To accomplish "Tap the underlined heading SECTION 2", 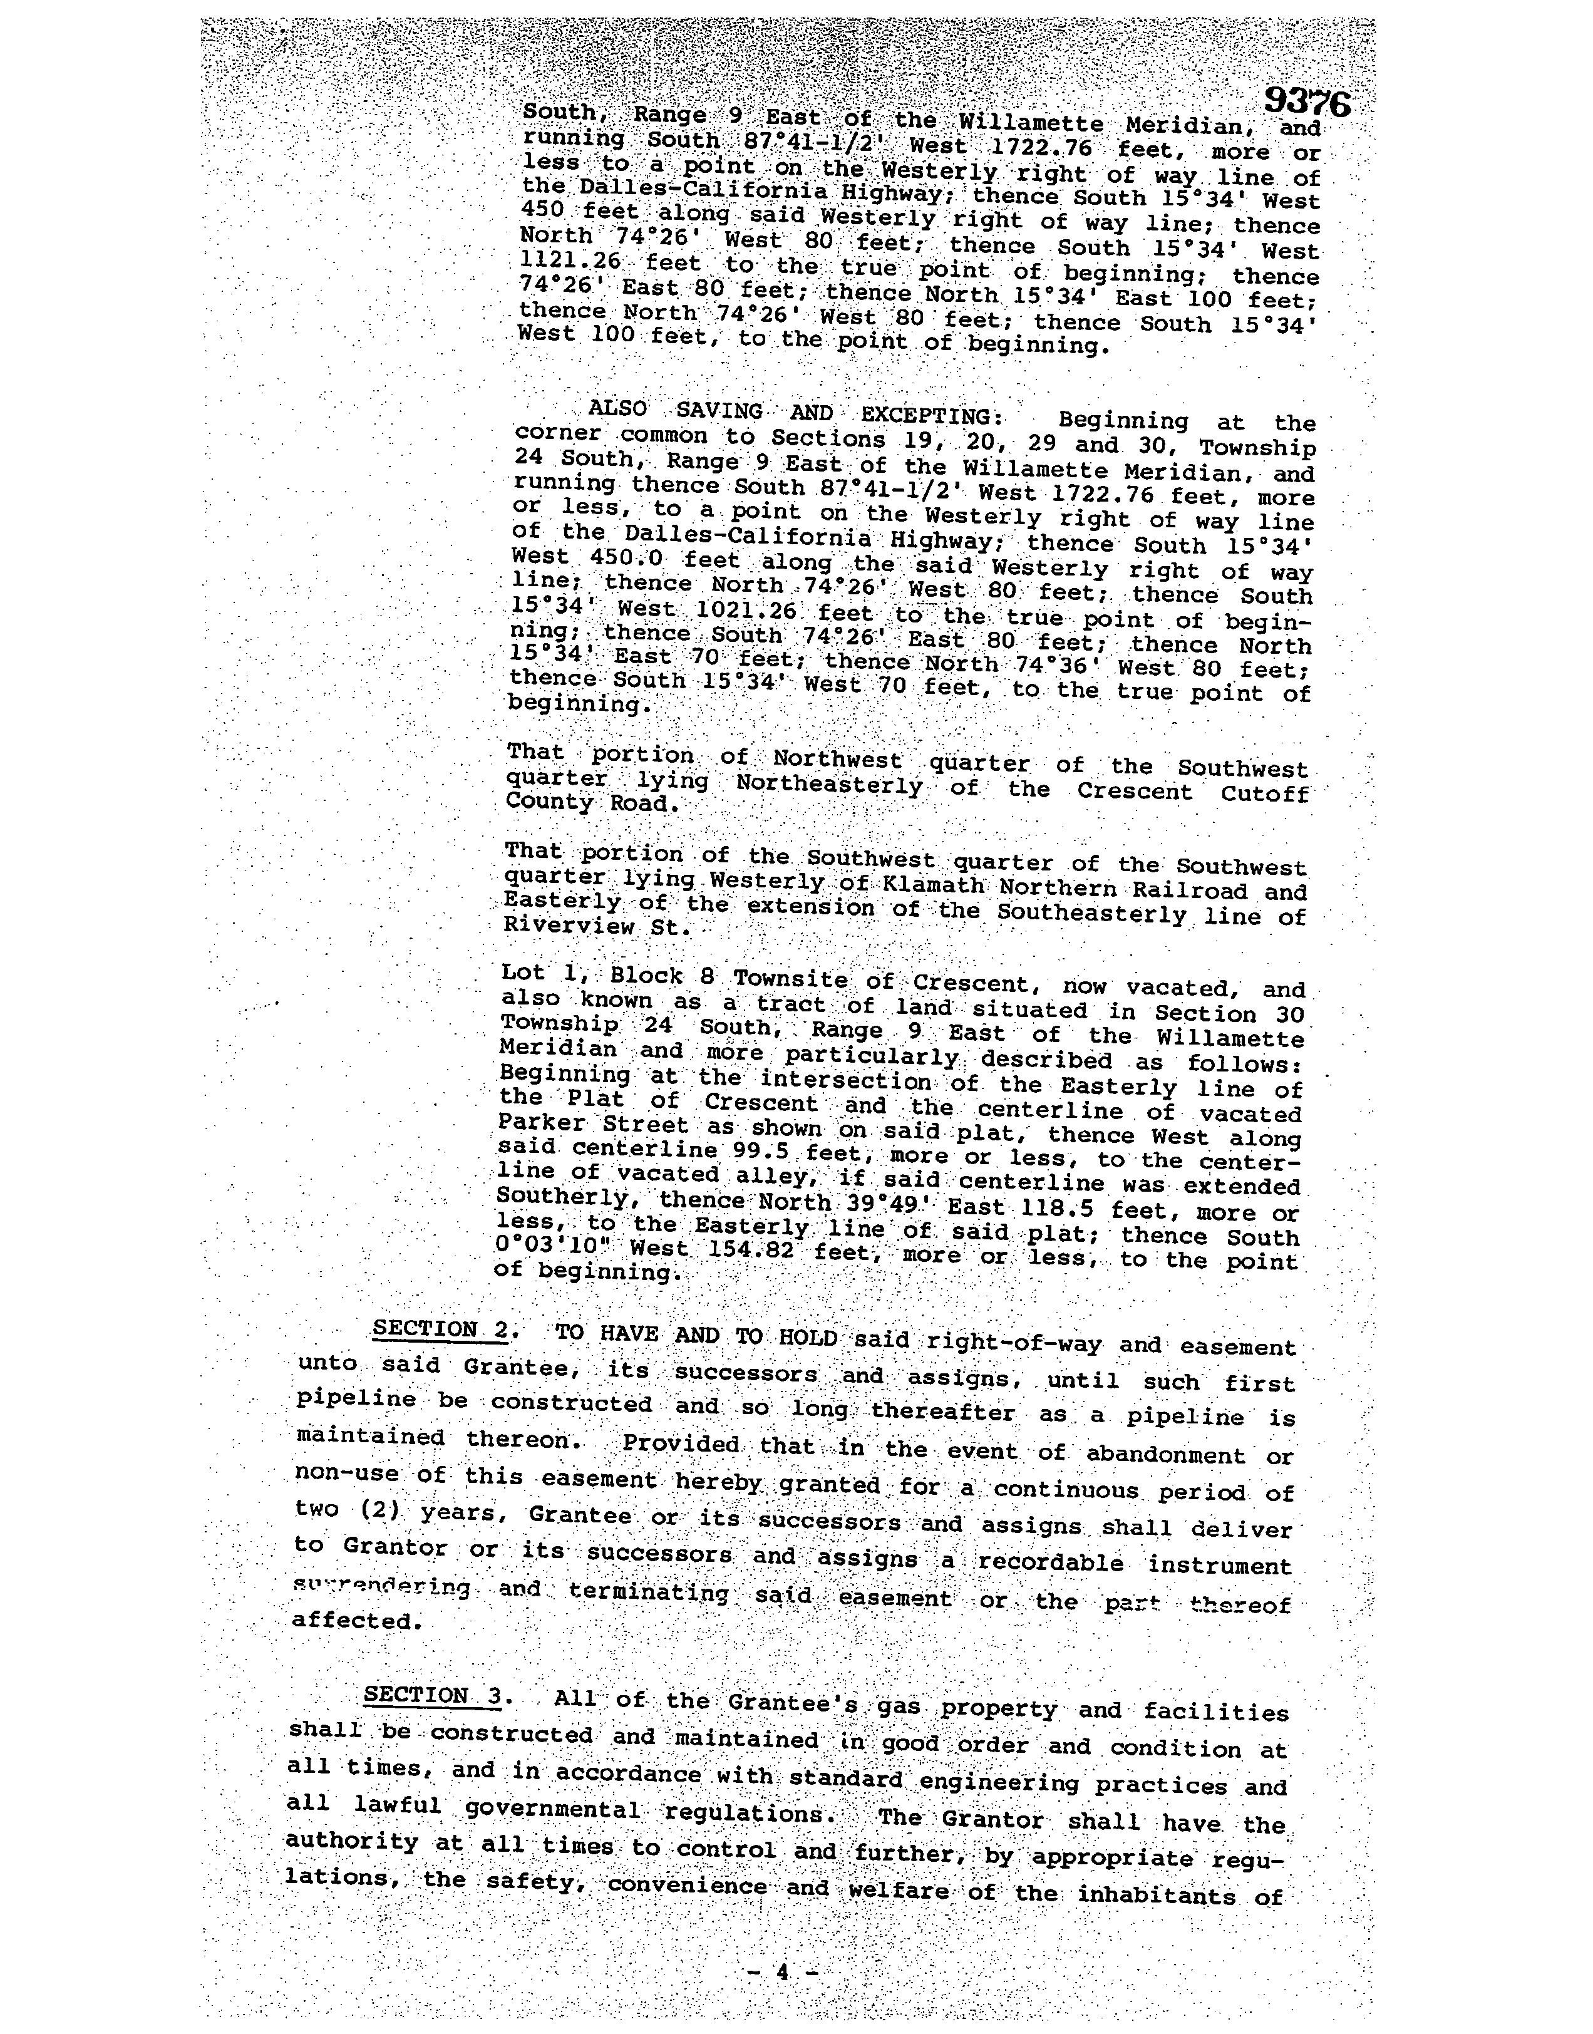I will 440,1329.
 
